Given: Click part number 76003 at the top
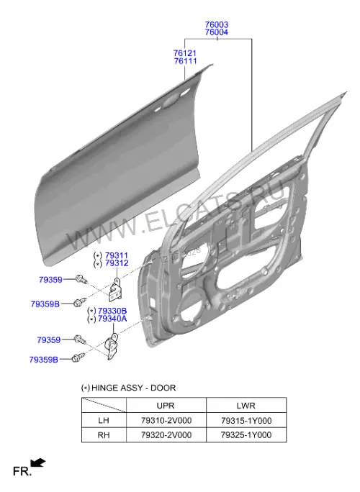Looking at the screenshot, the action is coord(217,24).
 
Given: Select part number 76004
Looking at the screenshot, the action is coord(217,32).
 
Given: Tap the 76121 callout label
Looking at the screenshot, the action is coord(185,53).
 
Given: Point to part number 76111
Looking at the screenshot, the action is coord(185,61).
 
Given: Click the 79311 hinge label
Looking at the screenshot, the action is coord(117,255).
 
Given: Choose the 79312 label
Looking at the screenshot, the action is coord(117,263).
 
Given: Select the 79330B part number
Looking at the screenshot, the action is coord(112,311).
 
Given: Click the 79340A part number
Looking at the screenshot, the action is coord(112,319).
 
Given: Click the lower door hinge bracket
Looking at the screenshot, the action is coord(111,346).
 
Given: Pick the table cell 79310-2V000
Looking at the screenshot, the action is coord(166,421).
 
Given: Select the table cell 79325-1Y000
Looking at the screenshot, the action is coord(246,435).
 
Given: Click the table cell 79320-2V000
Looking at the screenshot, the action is coord(166,435).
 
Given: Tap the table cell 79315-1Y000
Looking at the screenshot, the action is coord(246,421).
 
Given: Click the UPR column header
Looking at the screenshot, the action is coord(166,406).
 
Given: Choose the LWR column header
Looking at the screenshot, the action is coord(246,406).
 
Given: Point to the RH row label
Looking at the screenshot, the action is coord(104,435).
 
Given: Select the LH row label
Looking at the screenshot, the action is coord(104,421).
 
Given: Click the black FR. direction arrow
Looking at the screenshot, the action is coord(37,463).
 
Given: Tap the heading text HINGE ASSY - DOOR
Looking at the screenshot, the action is coord(133,388).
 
